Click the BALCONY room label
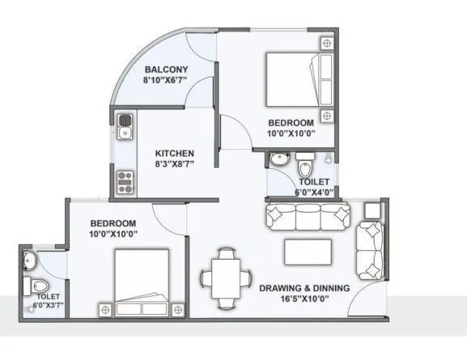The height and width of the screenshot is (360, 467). pyautogui.click(x=167, y=69)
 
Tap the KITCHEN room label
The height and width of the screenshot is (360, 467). pyautogui.click(x=175, y=152)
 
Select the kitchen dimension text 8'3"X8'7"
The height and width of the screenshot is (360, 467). pyautogui.click(x=175, y=163)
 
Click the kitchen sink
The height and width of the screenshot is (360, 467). pyautogui.click(x=125, y=125)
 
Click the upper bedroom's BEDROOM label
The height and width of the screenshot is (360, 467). pyautogui.click(x=291, y=122)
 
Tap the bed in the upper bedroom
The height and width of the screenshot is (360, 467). pyautogui.click(x=299, y=78)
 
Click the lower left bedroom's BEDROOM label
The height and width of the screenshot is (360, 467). pyautogui.click(x=113, y=223)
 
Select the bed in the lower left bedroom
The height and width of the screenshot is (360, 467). pyautogui.click(x=141, y=283)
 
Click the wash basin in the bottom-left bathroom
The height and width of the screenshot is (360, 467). pyautogui.click(x=29, y=260)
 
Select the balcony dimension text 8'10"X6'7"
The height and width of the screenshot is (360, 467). pyautogui.click(x=167, y=80)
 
